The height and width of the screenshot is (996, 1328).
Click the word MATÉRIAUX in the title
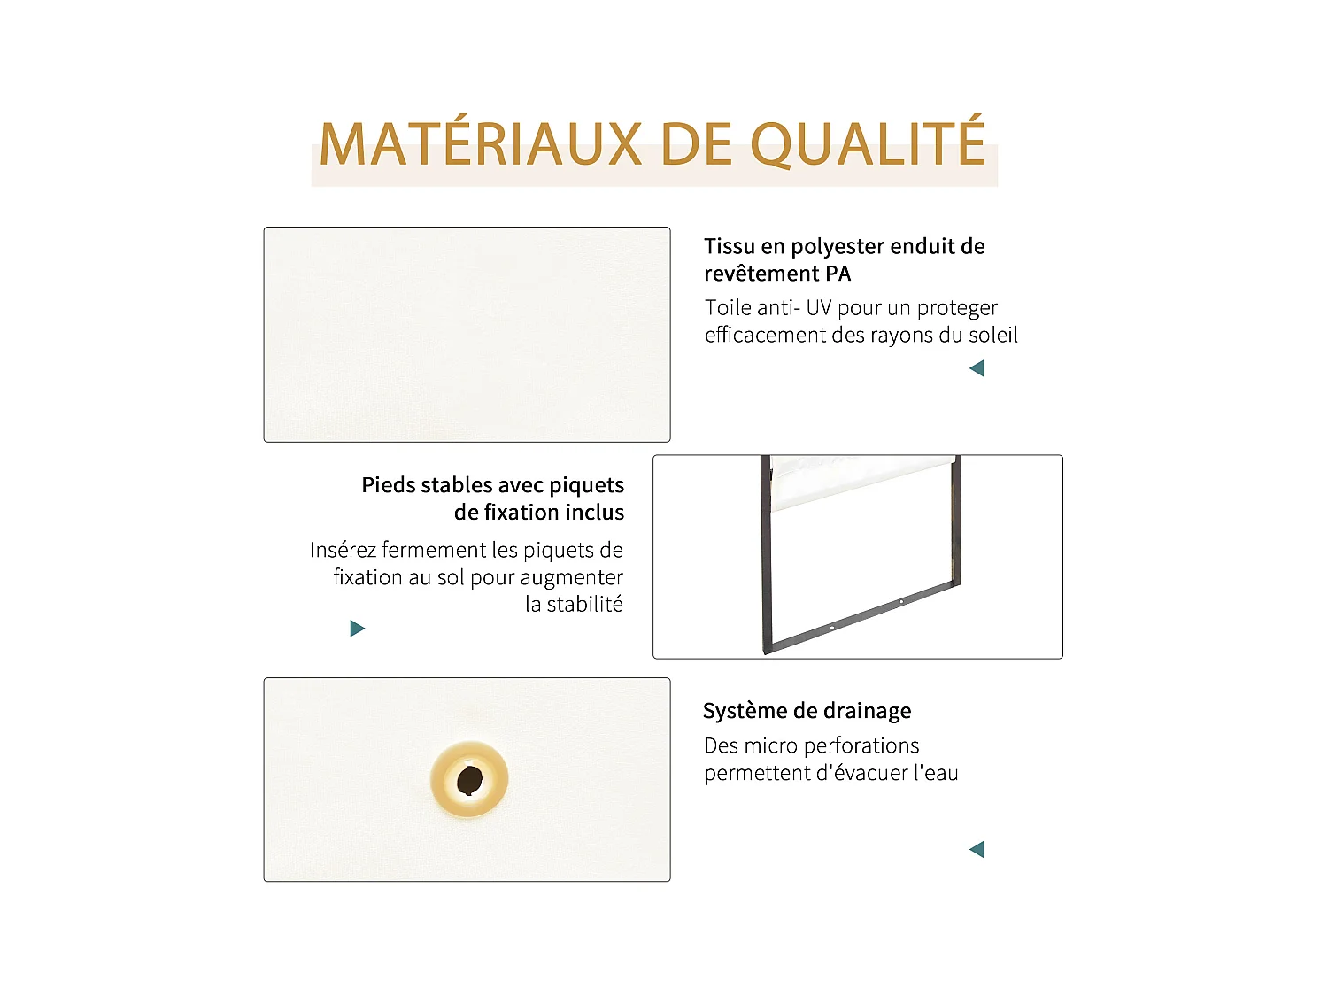[480, 144]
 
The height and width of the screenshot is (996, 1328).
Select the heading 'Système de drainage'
[807, 711]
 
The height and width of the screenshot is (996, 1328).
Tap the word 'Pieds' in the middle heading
[389, 485]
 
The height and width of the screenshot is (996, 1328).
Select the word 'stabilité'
[584, 605]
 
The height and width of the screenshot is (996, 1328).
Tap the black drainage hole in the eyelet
[469, 781]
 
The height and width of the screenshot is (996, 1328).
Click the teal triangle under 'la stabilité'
[358, 629]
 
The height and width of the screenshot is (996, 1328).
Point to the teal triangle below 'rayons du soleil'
[977, 368]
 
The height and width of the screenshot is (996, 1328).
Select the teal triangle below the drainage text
[977, 850]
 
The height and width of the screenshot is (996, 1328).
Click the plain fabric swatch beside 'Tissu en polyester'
[467, 335]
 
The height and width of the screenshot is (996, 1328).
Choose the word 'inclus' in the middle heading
[594, 513]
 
